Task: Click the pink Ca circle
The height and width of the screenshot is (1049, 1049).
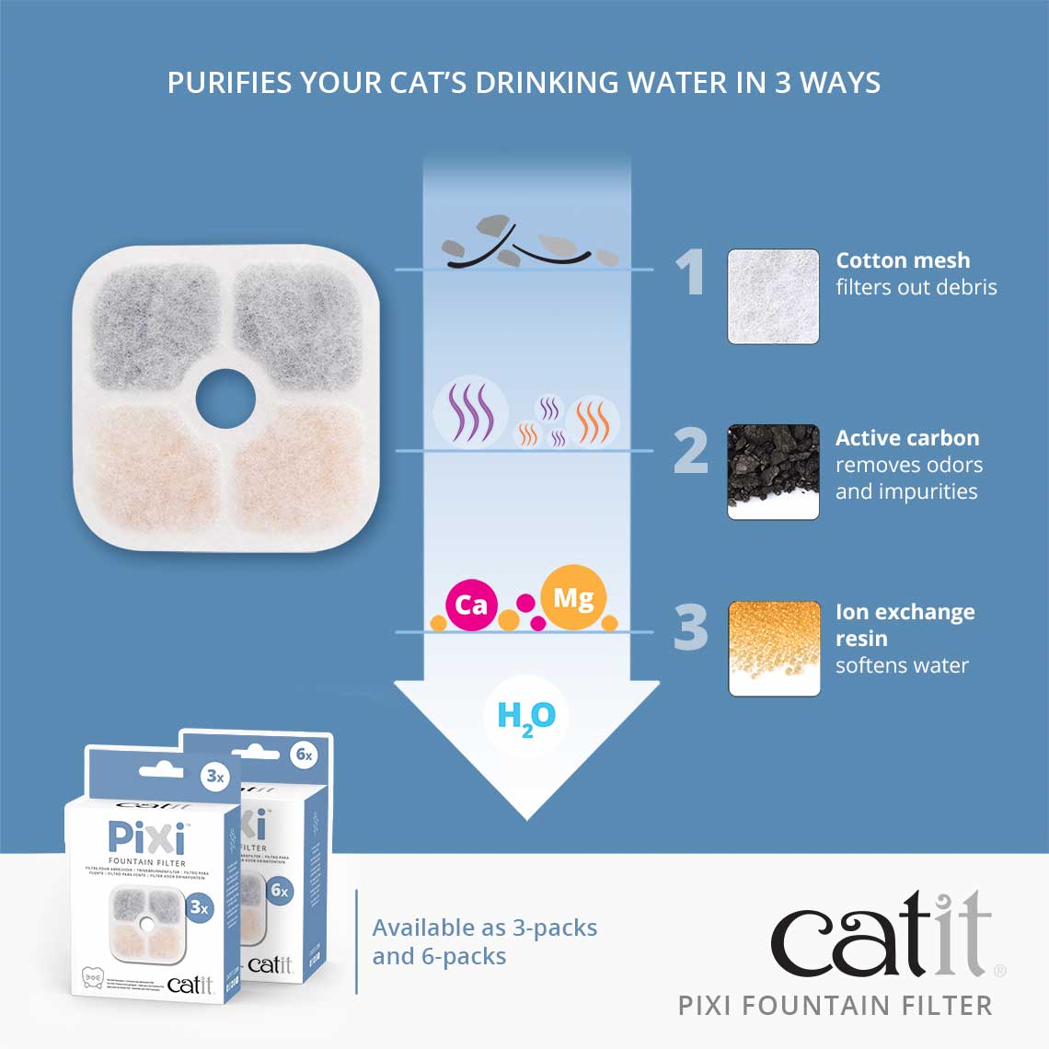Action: [470, 605]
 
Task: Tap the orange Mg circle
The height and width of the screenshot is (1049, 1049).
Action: [572, 598]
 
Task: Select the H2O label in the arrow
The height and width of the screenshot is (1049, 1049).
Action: [525, 717]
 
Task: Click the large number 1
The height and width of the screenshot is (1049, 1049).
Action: [690, 272]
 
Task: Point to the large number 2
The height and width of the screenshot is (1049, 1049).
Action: [691, 450]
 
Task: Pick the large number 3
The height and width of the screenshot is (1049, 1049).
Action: [691, 628]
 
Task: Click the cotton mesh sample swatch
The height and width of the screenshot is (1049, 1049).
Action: [773, 296]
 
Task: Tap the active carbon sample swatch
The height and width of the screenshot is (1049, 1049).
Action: [773, 471]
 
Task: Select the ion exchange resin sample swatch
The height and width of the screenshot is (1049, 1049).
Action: [773, 648]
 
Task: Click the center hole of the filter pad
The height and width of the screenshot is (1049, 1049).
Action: [225, 398]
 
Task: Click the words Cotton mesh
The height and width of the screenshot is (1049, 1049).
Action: [902, 260]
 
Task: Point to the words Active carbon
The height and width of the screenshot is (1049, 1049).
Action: [906, 438]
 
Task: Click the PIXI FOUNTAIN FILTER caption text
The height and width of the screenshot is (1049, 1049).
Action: [836, 1006]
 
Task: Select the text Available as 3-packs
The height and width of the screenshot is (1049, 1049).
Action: [485, 928]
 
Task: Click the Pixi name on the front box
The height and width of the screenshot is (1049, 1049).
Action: [146, 837]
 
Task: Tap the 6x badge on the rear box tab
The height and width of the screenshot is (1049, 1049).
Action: [304, 755]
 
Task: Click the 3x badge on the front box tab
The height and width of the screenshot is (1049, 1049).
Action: [214, 777]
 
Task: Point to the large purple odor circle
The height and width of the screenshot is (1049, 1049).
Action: [470, 412]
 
